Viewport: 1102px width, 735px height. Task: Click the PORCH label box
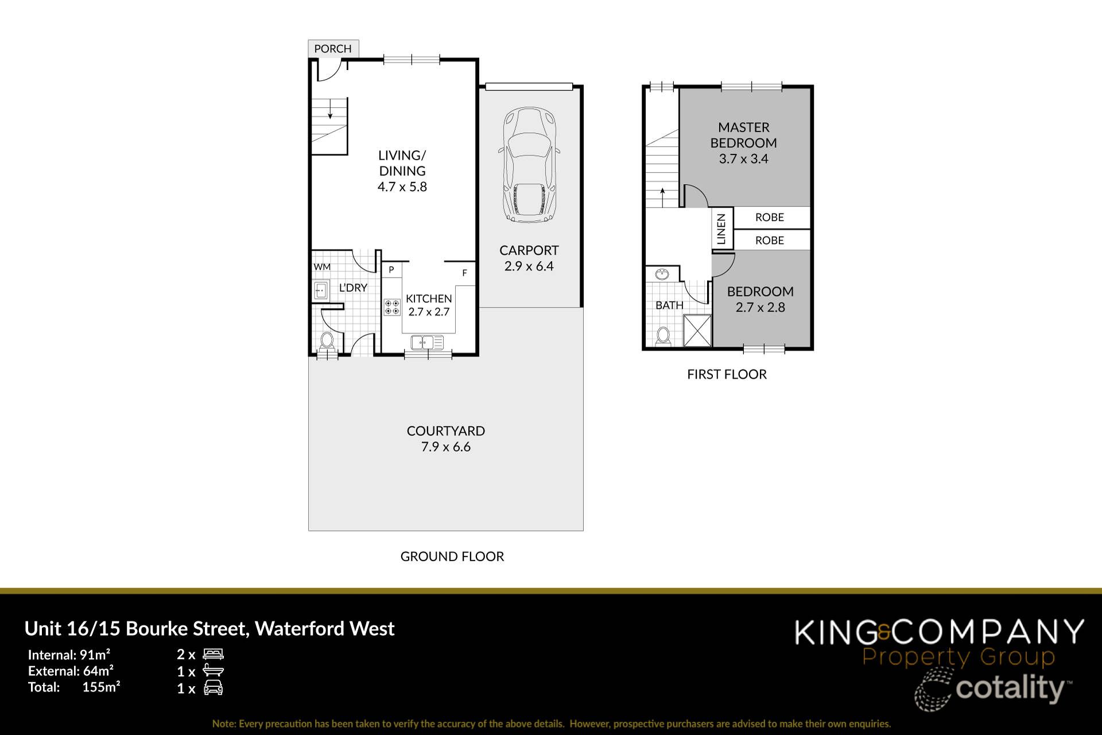click(333, 49)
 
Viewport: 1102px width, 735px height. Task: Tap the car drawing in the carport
click(529, 165)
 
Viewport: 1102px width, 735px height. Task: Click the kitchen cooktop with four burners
click(392, 307)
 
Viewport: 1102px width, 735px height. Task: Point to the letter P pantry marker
click(391, 270)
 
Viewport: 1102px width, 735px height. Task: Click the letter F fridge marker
click(464, 273)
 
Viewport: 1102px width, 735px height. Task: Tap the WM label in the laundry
click(322, 267)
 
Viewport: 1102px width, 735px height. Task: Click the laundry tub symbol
click(320, 291)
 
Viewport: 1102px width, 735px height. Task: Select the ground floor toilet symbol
click(327, 341)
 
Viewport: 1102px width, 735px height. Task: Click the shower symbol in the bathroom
click(697, 330)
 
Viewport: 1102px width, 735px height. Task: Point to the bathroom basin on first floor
click(662, 274)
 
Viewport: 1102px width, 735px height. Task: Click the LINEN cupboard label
click(721, 228)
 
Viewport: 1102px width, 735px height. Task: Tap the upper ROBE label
click(769, 217)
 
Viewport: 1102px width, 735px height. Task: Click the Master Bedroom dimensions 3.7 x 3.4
click(743, 159)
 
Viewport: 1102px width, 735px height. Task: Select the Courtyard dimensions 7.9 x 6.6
click(445, 447)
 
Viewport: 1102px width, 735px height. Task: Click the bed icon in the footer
click(213, 654)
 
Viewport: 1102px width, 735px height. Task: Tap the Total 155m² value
click(101, 687)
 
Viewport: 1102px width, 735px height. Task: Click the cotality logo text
click(1010, 688)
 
